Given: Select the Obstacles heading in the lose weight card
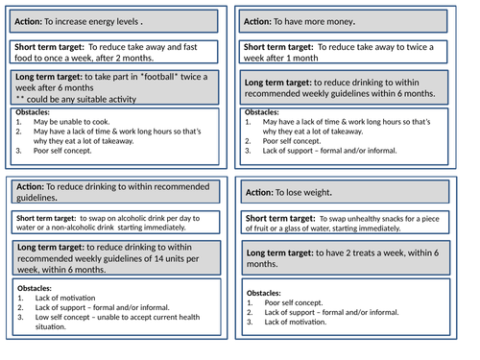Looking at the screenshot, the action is point(264,292).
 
